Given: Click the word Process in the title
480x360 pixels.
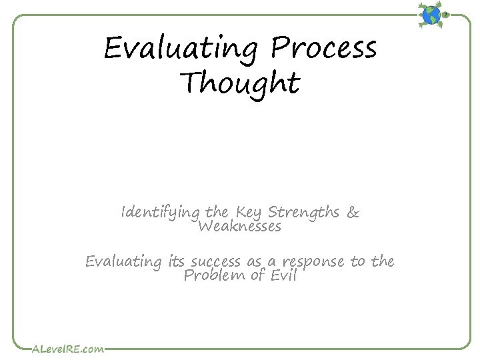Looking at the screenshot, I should tap(323, 48).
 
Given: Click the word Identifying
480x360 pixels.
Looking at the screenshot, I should tap(161, 213).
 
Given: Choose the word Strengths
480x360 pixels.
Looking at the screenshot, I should tap(304, 213).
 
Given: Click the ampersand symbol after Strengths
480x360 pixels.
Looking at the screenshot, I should tap(353, 213).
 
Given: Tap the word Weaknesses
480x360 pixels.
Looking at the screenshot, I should tap(239, 227).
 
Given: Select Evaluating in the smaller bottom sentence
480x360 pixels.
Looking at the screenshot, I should tap(123, 262).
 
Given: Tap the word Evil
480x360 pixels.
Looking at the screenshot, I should tap(282, 275).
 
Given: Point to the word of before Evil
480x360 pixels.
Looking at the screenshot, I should tap(257, 275).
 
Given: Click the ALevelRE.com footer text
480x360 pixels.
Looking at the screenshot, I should tap(68, 348).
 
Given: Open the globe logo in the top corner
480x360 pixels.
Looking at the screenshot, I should tap(433, 14).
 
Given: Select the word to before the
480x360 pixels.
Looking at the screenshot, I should tap(358, 261).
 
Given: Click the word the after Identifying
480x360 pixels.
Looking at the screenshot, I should tap(217, 213).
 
